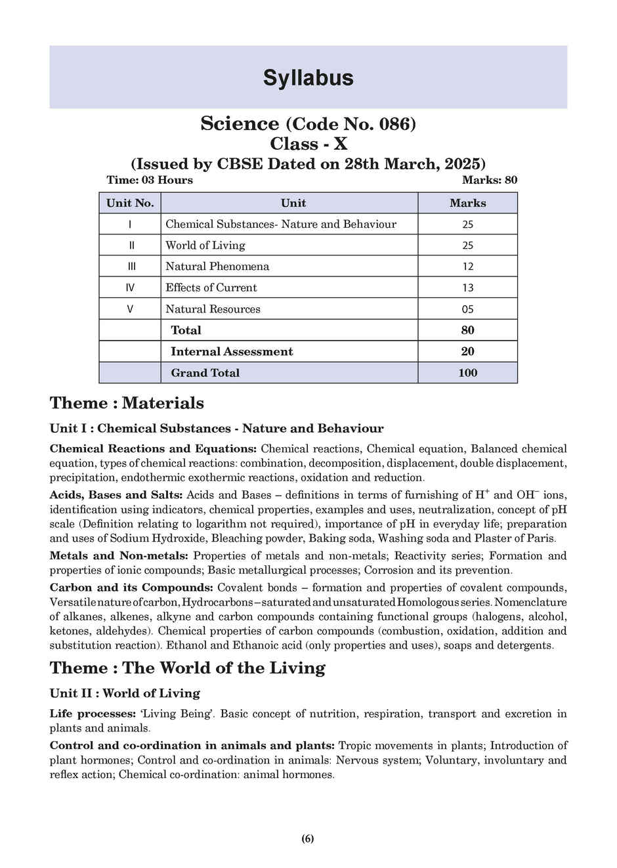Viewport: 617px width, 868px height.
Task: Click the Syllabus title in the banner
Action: coord(308,77)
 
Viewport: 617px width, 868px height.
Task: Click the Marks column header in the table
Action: coord(467,203)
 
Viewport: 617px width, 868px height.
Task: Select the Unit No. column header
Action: coord(130,203)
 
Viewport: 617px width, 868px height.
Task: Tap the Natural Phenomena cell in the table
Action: coord(217,266)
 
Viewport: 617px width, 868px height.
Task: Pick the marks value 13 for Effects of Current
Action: coord(467,288)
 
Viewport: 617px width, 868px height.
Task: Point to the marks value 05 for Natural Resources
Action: coord(467,309)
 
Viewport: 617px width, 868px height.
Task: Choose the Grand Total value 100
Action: coord(467,372)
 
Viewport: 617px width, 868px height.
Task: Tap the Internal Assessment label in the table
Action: coord(232,351)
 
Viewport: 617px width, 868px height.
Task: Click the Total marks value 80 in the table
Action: coord(467,330)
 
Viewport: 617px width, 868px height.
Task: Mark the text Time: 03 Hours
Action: coord(150,180)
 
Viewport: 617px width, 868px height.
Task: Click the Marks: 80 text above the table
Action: coord(489,180)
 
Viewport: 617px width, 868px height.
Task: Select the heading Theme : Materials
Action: coord(127,402)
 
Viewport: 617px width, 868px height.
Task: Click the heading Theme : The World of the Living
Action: coord(187,668)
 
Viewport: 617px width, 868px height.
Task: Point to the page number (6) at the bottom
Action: coord(308,838)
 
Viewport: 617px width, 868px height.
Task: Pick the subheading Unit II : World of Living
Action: coord(125,693)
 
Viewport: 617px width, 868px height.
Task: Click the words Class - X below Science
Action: coord(308,143)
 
